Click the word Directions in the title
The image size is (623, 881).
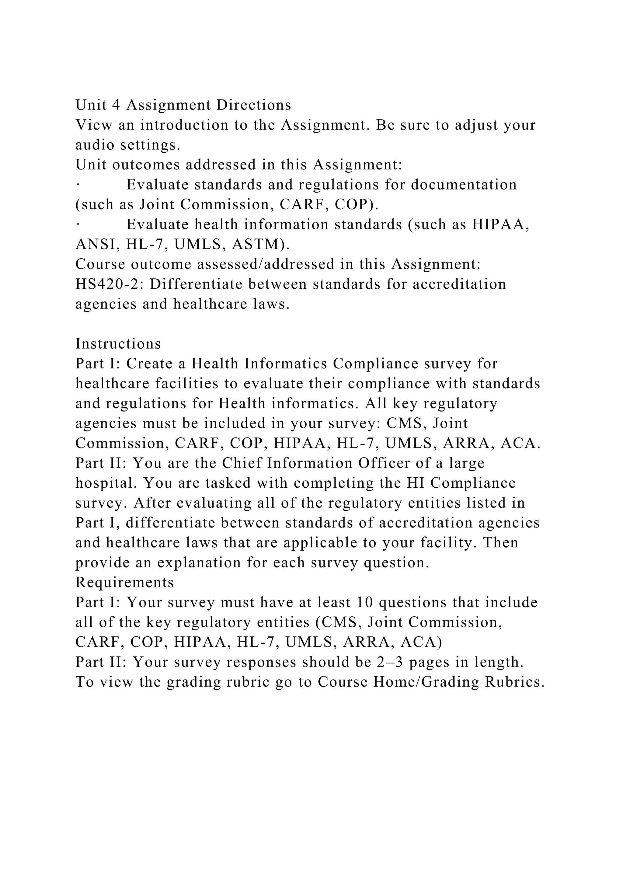tap(254, 105)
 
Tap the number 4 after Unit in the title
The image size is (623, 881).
tap(116, 105)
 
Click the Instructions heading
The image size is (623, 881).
tap(118, 344)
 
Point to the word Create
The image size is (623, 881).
tap(148, 364)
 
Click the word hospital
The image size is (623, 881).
tap(106, 483)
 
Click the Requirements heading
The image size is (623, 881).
tap(125, 583)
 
